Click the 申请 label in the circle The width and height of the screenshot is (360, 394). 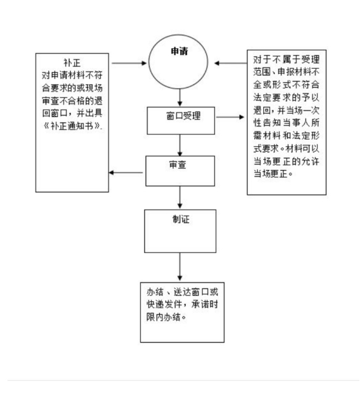[x=179, y=51]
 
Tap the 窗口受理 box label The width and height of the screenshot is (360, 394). [x=183, y=116]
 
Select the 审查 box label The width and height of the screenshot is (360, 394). [x=177, y=165]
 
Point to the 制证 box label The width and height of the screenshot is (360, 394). [x=181, y=219]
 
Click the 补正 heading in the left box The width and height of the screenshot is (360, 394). [x=72, y=63]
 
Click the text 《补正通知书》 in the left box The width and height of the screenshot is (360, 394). [x=72, y=126]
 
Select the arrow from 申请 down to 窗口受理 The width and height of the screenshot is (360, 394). [x=179, y=97]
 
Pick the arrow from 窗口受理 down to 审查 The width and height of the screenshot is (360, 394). [x=179, y=145]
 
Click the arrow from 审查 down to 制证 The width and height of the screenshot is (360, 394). [x=179, y=197]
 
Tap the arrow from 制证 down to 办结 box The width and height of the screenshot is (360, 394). [x=179, y=267]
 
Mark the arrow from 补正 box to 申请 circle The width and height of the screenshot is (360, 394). [x=129, y=63]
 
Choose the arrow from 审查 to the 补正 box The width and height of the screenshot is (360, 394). [x=126, y=173]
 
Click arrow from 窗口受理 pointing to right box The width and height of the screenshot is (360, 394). [x=230, y=117]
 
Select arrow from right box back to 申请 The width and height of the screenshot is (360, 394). [x=231, y=63]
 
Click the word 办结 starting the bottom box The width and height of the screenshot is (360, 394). [x=155, y=292]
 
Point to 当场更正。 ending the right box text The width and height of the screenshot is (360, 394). [x=273, y=173]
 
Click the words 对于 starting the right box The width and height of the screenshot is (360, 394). [x=262, y=60]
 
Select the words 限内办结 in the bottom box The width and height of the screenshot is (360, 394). [x=164, y=317]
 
